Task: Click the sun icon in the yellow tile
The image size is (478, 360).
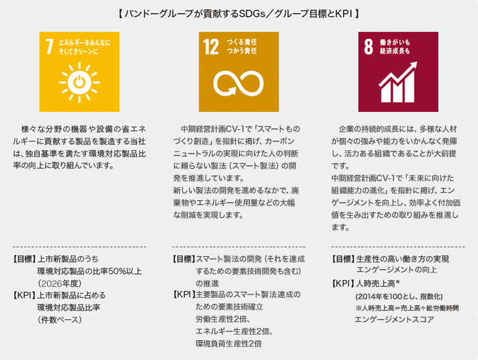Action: click(x=79, y=83)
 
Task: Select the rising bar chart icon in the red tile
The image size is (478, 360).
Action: click(x=398, y=83)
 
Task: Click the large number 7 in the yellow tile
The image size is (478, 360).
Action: click(x=49, y=46)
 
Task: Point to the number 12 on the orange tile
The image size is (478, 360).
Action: click(x=211, y=46)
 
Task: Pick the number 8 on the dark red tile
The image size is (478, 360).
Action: click(x=369, y=46)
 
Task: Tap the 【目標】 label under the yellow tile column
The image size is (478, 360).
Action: click(x=24, y=259)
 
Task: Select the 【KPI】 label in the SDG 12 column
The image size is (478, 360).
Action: click(x=184, y=294)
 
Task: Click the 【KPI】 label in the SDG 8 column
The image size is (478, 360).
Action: click(x=343, y=283)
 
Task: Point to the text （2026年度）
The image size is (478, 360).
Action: click(x=59, y=283)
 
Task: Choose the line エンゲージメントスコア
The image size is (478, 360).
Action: click(x=394, y=320)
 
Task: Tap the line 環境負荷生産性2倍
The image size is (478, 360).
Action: click(x=229, y=344)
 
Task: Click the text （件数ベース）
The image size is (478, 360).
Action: click(x=60, y=320)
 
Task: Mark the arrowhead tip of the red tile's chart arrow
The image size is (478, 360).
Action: click(x=417, y=62)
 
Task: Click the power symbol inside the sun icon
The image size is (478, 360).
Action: click(x=79, y=82)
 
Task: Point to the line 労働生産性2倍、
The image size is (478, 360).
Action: click(x=223, y=319)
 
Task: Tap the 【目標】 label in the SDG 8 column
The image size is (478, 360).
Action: click(x=343, y=259)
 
